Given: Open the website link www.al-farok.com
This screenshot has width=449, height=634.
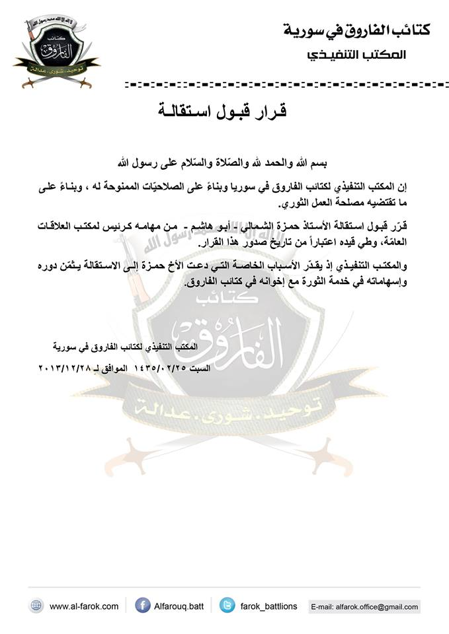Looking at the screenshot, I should point(84,606).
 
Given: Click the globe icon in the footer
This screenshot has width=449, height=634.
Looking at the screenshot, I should point(36,606).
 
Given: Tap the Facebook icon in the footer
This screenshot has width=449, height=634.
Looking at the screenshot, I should point(142,606).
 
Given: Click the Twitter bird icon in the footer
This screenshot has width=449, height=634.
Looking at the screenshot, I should point(227,606).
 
